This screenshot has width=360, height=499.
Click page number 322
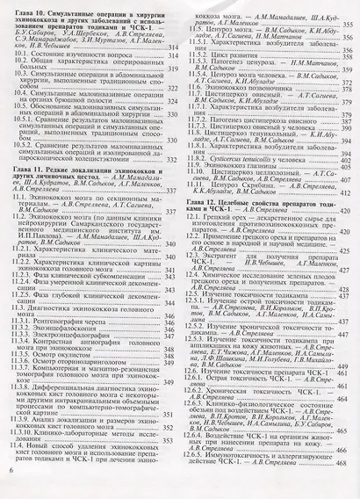pos(173,113)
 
